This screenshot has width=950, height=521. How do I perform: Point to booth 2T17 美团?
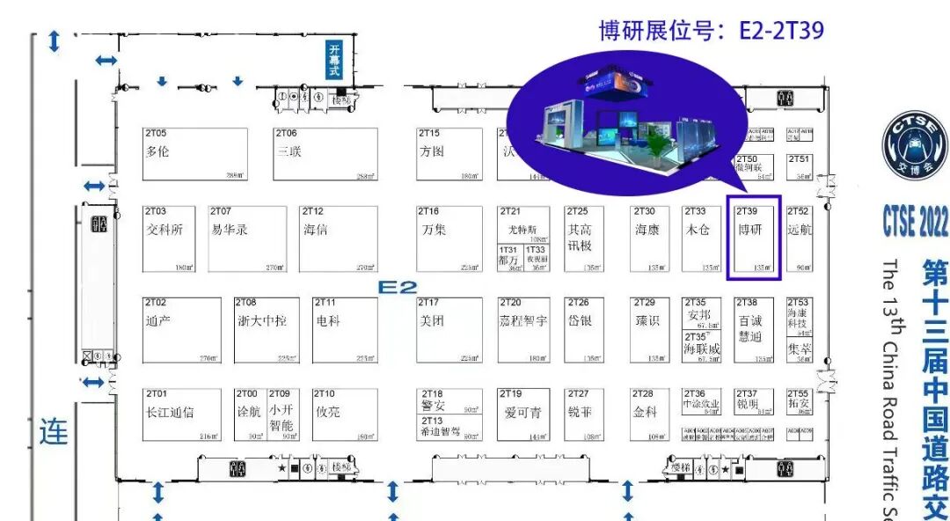[x=449, y=330]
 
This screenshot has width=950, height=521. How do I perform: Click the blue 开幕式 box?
[x=334, y=61]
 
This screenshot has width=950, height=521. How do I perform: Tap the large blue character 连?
[x=54, y=431]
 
